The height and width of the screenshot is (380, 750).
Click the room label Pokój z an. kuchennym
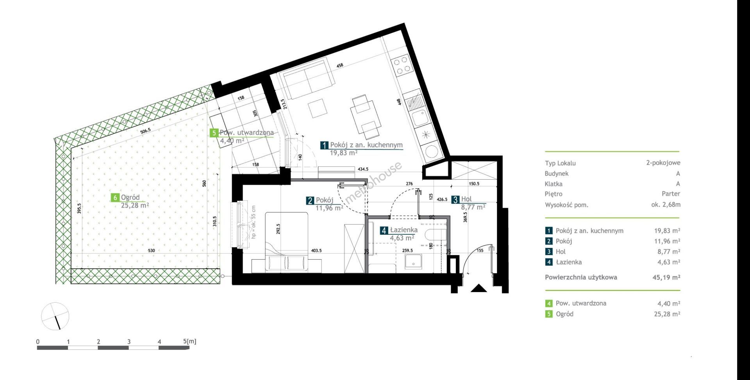pyautogui.click(x=366, y=145)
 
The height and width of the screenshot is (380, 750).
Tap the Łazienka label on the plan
pyautogui.click(x=404, y=230)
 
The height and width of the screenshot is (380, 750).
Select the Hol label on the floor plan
pyautogui.click(x=466, y=199)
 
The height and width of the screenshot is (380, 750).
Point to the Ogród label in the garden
pyautogui.click(x=130, y=198)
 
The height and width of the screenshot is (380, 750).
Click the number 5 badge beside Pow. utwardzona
pyautogui.click(x=214, y=133)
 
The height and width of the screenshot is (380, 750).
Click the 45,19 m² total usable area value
pyautogui.click(x=664, y=277)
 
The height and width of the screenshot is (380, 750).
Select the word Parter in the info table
pyautogui.click(x=671, y=194)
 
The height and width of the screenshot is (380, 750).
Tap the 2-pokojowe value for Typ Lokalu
pyautogui.click(x=663, y=163)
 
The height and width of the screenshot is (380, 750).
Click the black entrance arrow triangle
pyautogui.click(x=479, y=289)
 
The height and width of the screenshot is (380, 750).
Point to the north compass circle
pyautogui.click(x=55, y=316)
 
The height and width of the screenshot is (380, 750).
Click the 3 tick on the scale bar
pyautogui.click(x=129, y=342)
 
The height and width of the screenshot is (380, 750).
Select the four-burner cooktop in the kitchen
pyautogui.click(x=402, y=66)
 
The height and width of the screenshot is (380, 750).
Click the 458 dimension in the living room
pyautogui.click(x=340, y=66)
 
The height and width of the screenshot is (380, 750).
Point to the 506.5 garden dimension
pyautogui.click(x=145, y=131)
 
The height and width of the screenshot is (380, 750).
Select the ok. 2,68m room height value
pyautogui.click(x=666, y=204)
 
